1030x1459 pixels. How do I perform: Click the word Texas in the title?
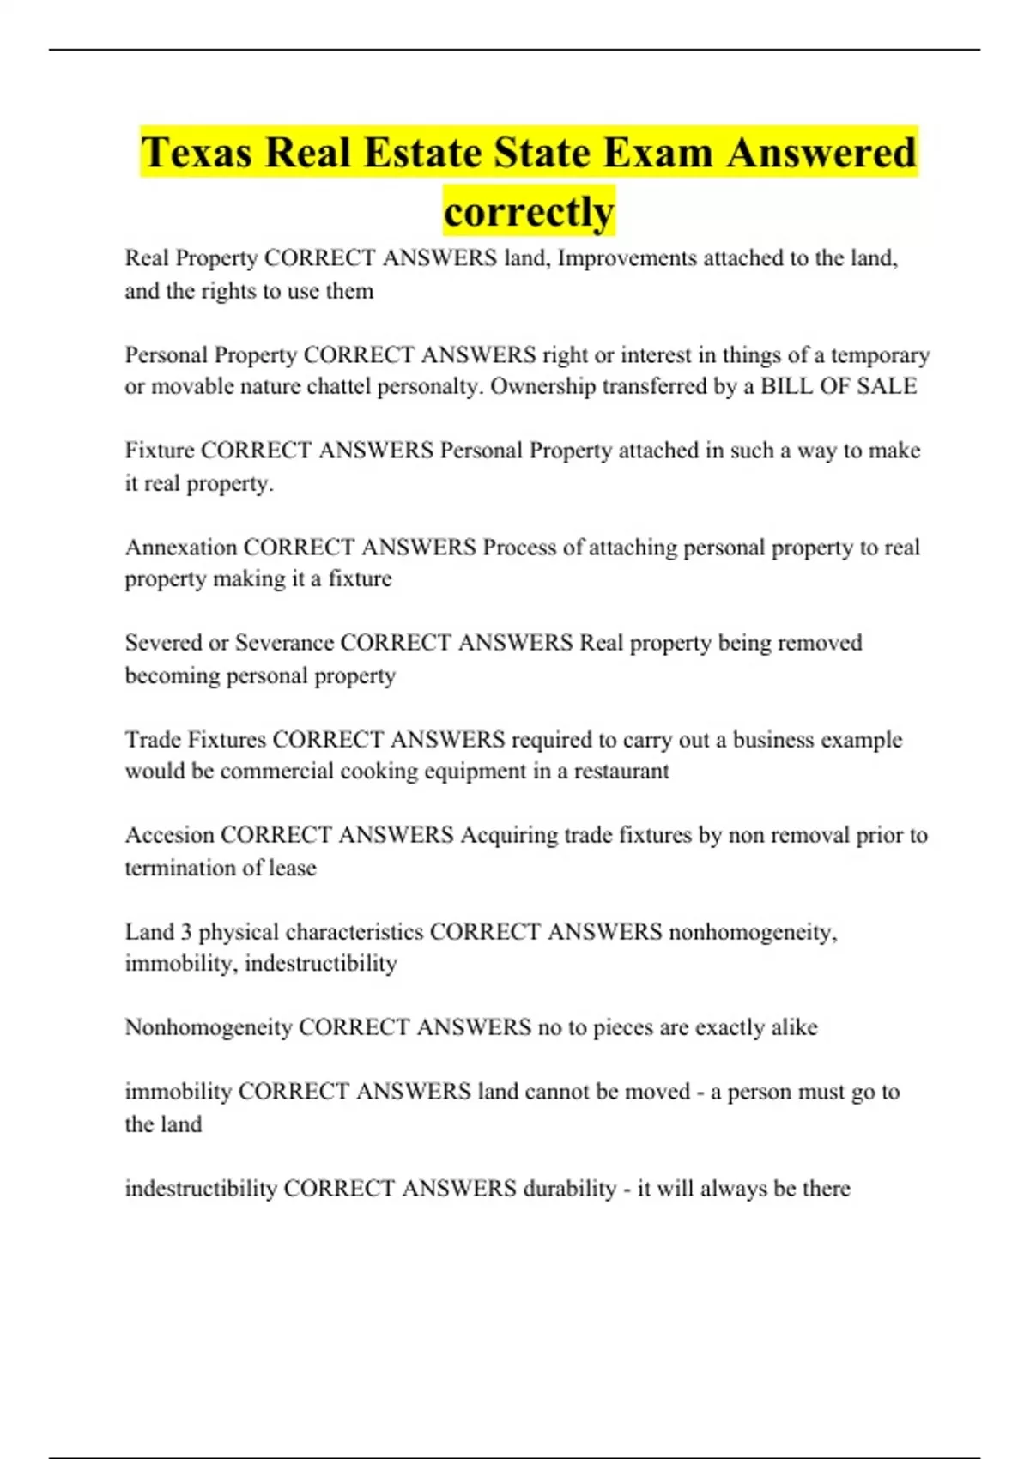[x=197, y=153]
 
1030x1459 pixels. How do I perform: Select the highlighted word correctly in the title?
[x=529, y=211]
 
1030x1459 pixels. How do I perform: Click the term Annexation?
[x=181, y=548]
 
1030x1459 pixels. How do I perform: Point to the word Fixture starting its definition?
[x=159, y=451]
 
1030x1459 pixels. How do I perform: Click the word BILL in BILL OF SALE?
[x=786, y=386]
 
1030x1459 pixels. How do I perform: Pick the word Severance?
[x=284, y=643]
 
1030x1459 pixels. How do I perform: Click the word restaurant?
[x=621, y=771]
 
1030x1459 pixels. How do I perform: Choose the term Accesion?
[x=169, y=835]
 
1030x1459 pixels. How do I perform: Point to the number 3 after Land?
[x=186, y=932]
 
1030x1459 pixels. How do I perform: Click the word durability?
[x=569, y=1189]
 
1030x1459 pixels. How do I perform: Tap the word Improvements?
[x=627, y=258]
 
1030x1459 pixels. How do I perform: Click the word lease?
[x=292, y=868]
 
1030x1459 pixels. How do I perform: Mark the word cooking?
[x=371, y=771]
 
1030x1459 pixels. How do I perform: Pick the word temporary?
[x=880, y=355]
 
